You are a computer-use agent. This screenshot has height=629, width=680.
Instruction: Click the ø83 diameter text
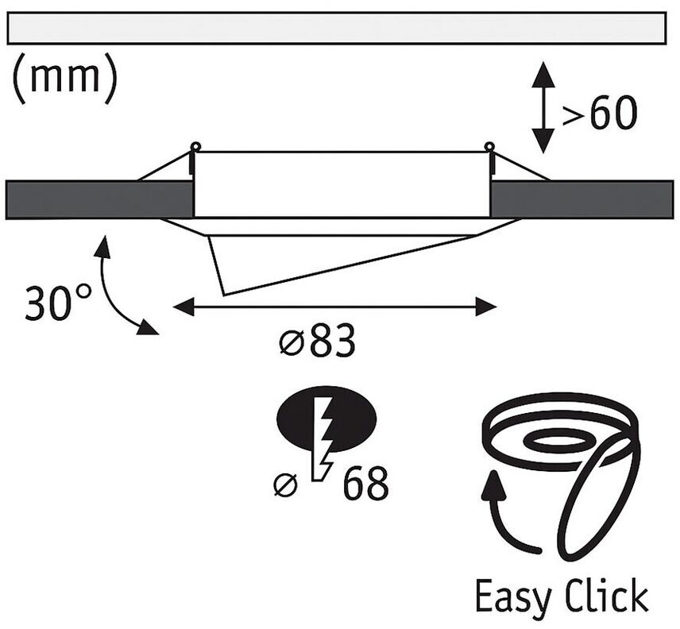[316, 342]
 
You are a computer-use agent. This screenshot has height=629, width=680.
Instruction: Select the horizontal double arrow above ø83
[334, 307]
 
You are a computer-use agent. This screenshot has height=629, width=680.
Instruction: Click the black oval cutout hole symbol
[326, 421]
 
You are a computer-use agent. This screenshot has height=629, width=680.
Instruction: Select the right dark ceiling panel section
[584, 199]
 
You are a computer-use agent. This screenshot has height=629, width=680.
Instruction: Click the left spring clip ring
[195, 146]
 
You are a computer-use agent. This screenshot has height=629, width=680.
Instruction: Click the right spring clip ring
[489, 146]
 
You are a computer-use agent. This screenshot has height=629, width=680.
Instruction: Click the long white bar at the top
[336, 29]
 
